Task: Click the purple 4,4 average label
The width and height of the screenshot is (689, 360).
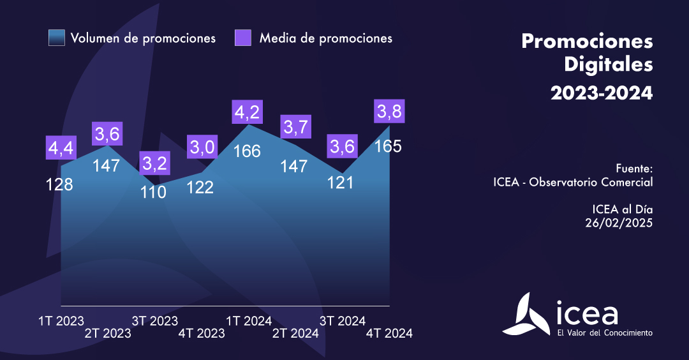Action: [61, 148]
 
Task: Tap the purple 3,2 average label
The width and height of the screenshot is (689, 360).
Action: [154, 163]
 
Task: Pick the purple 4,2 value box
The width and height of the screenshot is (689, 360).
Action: [247, 112]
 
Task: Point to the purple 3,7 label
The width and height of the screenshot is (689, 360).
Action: [296, 128]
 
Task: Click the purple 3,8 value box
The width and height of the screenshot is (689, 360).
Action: [389, 112]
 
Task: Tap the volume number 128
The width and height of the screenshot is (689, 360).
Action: [59, 184]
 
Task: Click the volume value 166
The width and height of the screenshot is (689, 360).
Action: [247, 151]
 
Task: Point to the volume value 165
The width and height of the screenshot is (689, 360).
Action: [388, 146]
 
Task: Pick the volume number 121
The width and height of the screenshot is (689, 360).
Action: [341, 182]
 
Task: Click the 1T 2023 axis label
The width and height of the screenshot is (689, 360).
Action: [61, 320]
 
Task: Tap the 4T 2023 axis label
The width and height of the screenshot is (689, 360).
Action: [202, 333]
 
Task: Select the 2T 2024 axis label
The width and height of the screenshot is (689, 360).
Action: [295, 333]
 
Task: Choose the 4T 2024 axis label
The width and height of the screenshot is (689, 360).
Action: [389, 333]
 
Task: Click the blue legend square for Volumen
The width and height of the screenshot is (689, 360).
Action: [57, 38]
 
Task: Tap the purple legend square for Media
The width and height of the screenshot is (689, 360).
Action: [243, 38]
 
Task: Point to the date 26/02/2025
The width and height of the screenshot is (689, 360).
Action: [619, 222]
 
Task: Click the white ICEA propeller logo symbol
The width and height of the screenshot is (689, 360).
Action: [526, 315]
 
